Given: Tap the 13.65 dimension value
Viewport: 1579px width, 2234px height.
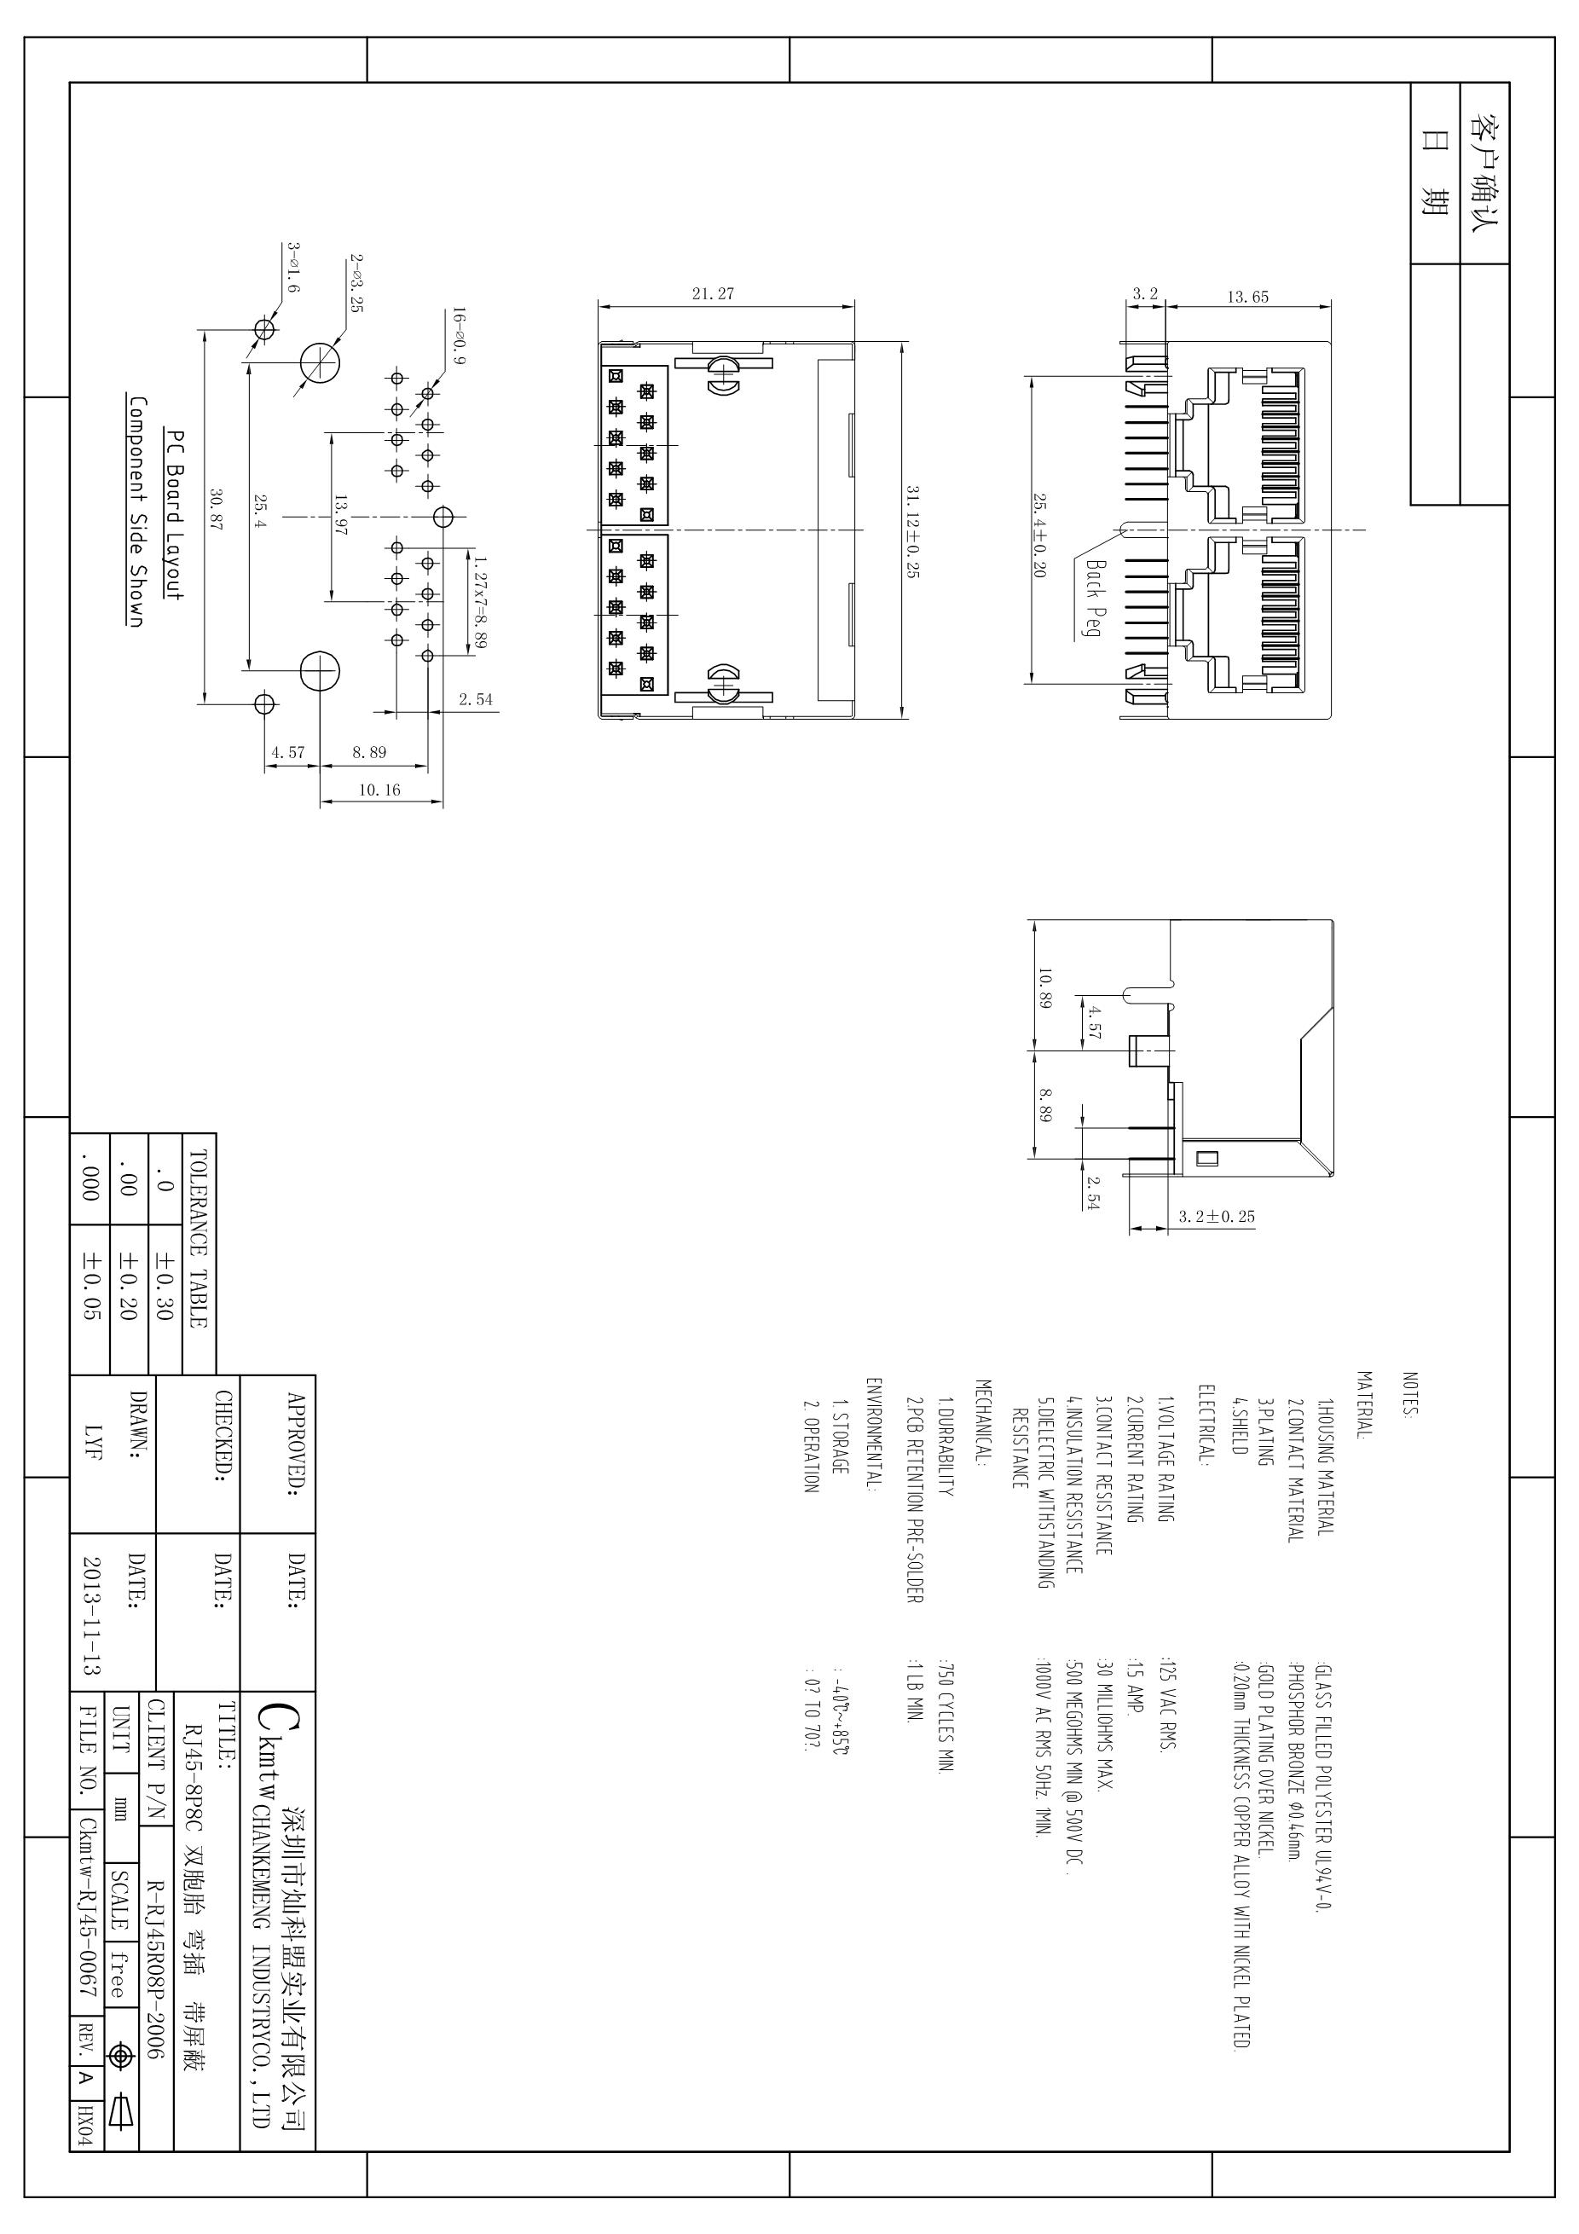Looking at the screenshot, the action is tap(1247, 297).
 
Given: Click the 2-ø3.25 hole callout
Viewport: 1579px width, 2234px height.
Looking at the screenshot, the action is tap(356, 283).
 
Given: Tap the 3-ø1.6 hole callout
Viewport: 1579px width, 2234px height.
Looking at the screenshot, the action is tap(294, 268).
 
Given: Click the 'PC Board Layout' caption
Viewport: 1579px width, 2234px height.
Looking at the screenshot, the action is tap(174, 515).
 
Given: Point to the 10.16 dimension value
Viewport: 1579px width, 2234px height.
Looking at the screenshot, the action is tap(379, 790).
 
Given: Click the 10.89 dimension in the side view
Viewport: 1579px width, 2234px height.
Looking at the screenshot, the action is tap(1044, 987).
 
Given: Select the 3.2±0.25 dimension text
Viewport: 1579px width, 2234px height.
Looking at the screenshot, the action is tap(1216, 1216).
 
